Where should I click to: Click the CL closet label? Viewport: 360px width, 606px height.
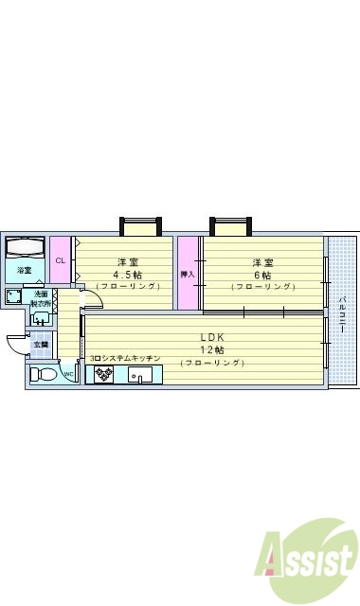coord(60,260)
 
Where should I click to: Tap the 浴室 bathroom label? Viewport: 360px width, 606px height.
coord(24,272)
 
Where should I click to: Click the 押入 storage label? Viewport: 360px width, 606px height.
coord(188,275)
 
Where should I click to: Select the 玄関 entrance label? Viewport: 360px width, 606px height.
coord(41,345)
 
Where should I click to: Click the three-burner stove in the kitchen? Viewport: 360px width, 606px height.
coord(101,374)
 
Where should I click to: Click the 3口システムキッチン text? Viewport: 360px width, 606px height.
coord(126,359)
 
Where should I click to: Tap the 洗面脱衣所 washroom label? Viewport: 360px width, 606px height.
coord(41,297)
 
